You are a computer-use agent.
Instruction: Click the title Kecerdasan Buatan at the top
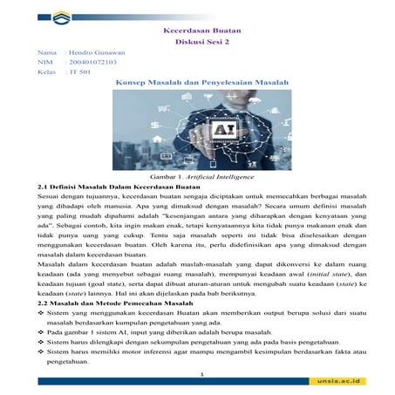click(x=201, y=30)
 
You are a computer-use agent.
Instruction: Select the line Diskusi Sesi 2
click(x=201, y=41)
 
